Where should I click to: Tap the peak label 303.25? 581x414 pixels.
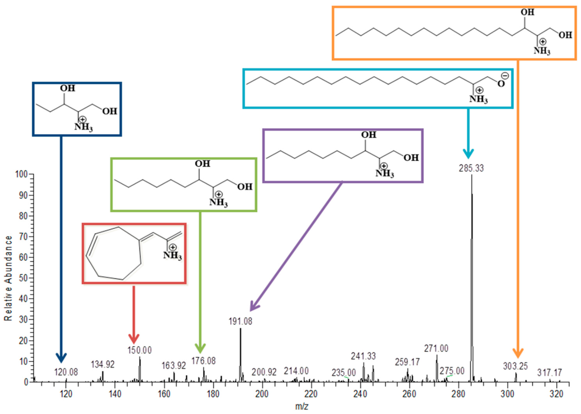(515, 366)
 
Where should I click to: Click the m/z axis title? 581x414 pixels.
(301, 407)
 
